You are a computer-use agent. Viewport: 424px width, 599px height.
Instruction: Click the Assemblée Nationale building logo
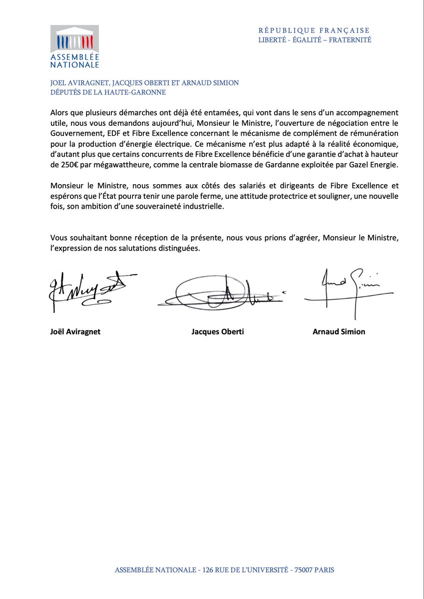click(74, 39)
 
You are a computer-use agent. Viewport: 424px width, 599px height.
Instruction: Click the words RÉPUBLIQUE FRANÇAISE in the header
click(314, 30)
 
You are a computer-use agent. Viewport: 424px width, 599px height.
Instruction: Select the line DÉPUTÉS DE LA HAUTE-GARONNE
click(107, 92)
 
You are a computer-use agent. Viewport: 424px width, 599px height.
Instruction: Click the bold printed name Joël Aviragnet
click(75, 331)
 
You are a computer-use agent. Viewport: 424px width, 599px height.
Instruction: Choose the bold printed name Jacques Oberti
click(218, 331)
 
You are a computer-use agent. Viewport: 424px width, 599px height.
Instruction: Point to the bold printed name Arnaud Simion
click(339, 331)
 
